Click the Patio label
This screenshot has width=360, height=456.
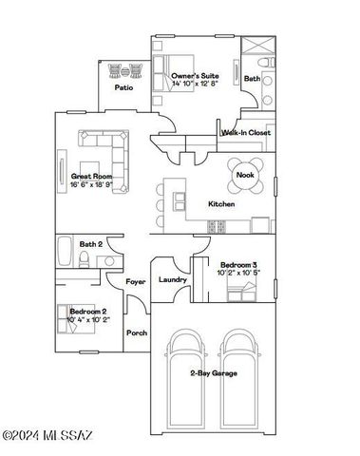(124, 86)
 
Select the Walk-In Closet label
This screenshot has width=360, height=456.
(247, 133)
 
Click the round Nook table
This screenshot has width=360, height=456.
(245, 174)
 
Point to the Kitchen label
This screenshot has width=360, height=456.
(221, 204)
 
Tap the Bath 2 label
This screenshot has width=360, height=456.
(90, 244)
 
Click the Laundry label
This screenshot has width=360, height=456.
(172, 279)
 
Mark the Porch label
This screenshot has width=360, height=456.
(137, 332)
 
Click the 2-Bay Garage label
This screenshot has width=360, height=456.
(213, 373)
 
